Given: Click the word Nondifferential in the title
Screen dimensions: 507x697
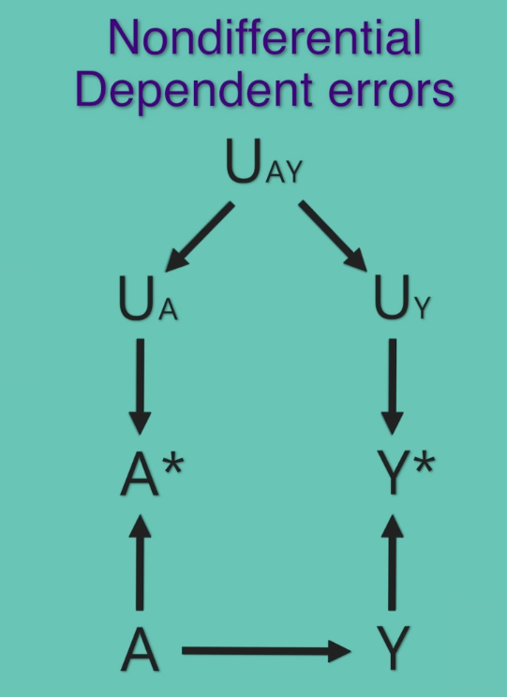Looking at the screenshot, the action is (264, 37).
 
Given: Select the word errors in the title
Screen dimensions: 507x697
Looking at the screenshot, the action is (392, 92).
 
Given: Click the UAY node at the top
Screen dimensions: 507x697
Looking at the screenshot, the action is (264, 161).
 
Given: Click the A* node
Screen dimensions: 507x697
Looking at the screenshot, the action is (152, 472).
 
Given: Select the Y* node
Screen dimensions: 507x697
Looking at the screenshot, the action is (406, 472).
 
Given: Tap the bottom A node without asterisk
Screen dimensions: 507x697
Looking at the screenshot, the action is (140, 648).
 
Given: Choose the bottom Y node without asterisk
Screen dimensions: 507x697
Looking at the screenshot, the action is (393, 648).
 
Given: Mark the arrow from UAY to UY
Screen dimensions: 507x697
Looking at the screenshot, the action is (333, 235).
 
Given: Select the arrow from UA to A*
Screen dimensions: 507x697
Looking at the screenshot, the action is (140, 387).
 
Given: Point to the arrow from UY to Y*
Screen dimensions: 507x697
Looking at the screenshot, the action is (393, 387).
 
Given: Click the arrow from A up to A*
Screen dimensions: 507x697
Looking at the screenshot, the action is (140, 563).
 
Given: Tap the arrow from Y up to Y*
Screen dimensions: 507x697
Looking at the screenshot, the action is (393, 563).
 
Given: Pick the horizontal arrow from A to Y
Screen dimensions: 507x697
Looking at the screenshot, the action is (266, 651).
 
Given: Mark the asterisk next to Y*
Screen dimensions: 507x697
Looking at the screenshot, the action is (424, 464).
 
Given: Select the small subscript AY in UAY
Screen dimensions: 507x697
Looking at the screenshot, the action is (284, 171).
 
